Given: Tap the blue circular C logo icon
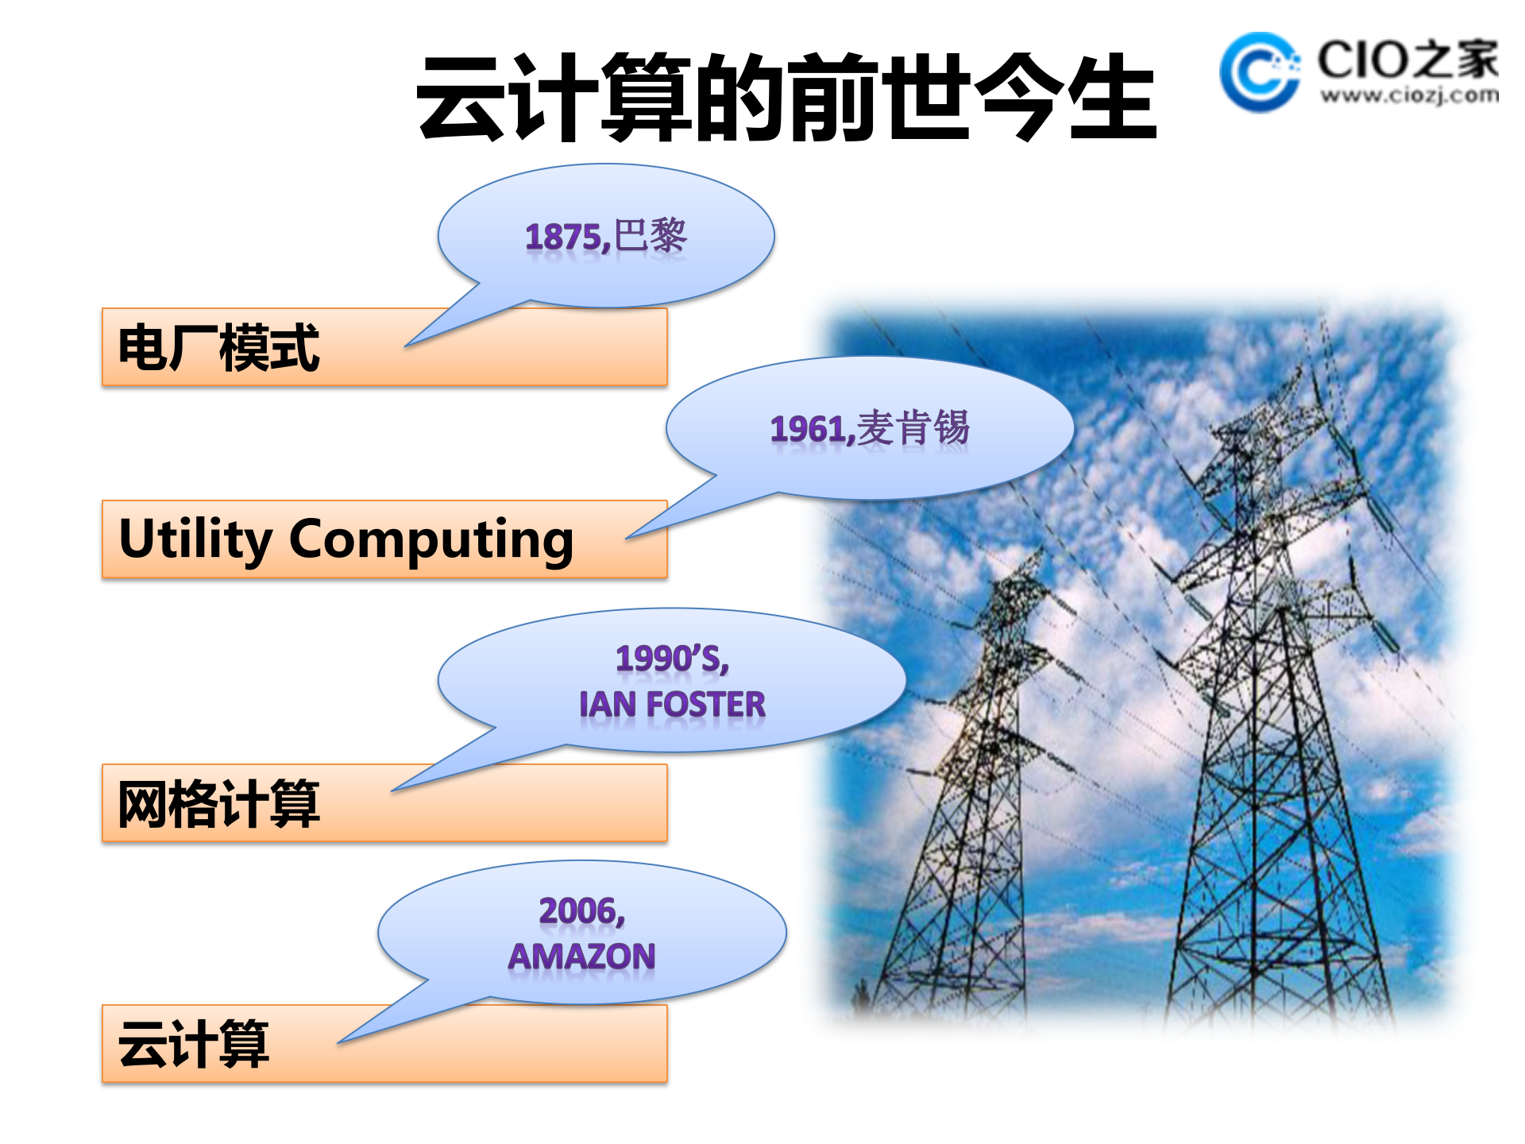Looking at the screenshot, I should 1259,72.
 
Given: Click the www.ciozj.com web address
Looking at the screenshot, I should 1409,96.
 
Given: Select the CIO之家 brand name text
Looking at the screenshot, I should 1407,60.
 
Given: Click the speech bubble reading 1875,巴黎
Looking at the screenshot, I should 606,236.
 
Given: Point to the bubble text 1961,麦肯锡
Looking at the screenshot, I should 870,429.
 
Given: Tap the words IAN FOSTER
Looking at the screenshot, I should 672,705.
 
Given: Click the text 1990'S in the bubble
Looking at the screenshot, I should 672,659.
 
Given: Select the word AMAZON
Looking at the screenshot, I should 582,957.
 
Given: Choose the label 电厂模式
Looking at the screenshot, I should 218,347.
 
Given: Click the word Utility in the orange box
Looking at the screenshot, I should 195,539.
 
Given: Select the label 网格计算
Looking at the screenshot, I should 218,803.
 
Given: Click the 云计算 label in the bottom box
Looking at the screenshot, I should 194,1044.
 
